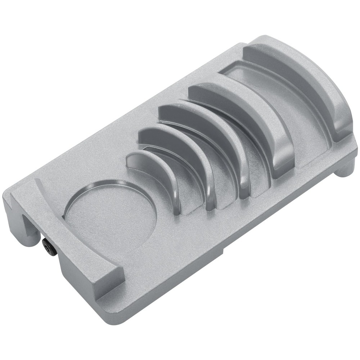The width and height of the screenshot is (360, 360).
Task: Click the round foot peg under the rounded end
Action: click(346, 169)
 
